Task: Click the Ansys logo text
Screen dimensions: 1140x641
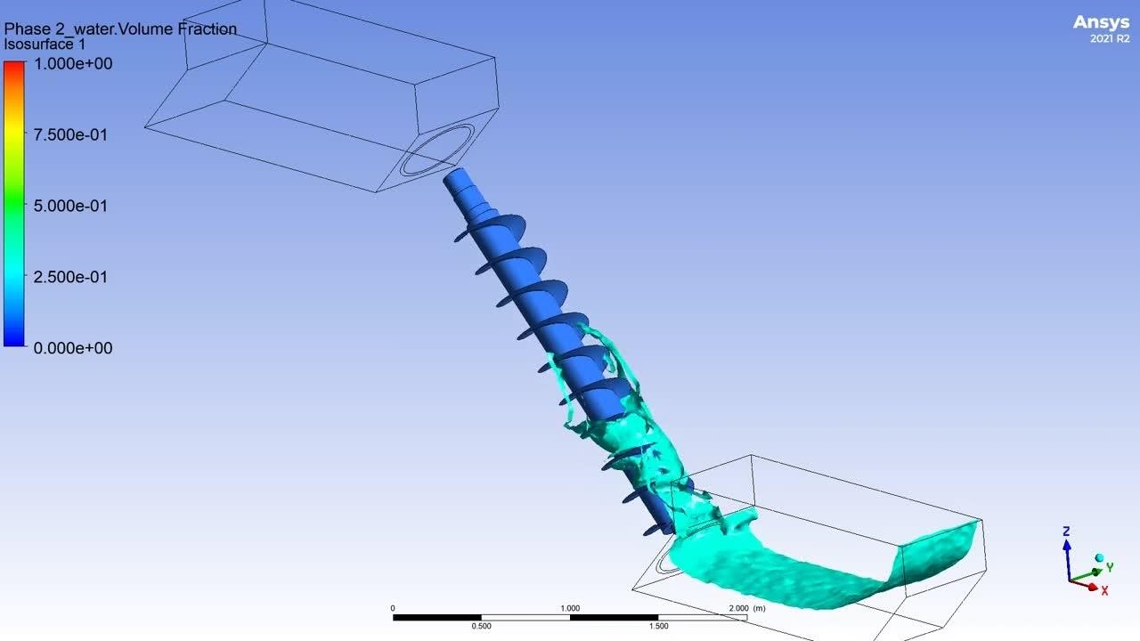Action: click(x=1102, y=22)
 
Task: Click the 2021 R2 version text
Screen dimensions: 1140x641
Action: click(x=1110, y=38)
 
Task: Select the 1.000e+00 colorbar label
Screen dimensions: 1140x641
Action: click(x=73, y=63)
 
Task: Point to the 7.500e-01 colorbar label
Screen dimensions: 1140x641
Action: click(x=70, y=134)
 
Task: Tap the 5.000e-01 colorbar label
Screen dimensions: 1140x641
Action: click(x=70, y=206)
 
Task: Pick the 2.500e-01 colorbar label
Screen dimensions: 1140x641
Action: click(x=70, y=277)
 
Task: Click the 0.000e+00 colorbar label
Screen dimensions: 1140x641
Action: click(x=73, y=348)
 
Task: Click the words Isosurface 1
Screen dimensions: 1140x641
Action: click(x=45, y=45)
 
